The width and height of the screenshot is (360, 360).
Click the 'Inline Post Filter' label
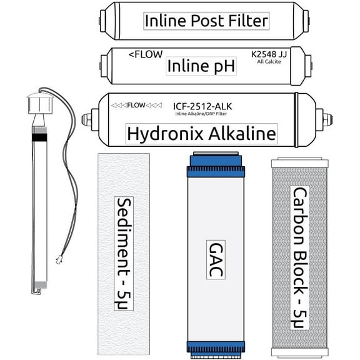206,21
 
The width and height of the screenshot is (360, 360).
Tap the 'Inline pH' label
201,65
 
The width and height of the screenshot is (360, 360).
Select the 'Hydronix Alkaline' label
201,133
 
